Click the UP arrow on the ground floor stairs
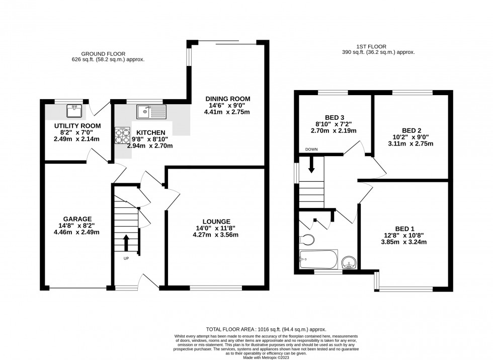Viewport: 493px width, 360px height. pos(126,241)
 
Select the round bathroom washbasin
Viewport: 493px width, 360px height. pos(349,261)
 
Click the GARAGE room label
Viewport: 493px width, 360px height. pos(77,219)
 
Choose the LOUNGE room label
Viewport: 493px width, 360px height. pos(216,221)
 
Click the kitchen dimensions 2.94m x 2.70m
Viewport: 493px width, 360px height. pos(152,146)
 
